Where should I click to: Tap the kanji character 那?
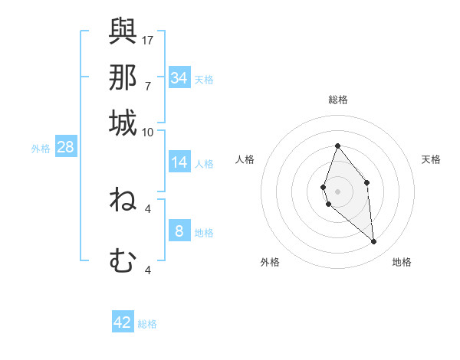coord(123,77)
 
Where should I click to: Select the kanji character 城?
coord(123,123)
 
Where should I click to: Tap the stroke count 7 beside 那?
coord(147,86)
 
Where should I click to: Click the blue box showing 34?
coord(179,78)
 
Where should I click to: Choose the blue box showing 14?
coord(179,162)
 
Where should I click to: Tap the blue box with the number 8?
coord(179,231)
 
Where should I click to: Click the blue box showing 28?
coord(65,147)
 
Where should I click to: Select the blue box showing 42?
coord(123,322)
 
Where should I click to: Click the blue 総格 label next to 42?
coord(148,324)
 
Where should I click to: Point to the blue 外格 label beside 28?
coord(40,149)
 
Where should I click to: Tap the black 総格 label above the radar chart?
coord(337,100)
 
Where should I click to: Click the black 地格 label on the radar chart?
coord(402,262)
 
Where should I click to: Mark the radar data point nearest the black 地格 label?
coord(374,242)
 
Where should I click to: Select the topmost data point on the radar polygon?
coord(337,146)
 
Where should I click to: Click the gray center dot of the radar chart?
coord(337,191)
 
